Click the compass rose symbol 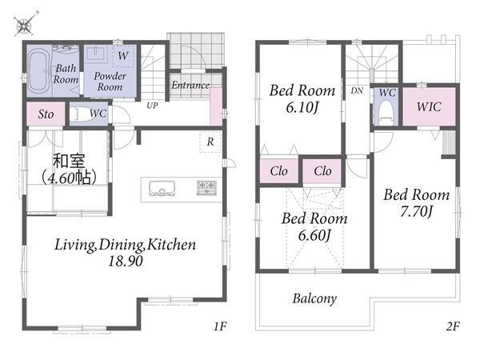(x=25, y=25)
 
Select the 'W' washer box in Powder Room (x=123, y=56)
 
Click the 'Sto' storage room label (x=46, y=114)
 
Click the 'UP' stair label (x=152, y=106)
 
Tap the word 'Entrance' (x=190, y=85)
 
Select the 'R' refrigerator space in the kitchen (x=210, y=142)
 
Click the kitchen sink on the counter (x=162, y=188)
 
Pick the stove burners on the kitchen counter (x=207, y=187)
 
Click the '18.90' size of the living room (x=126, y=261)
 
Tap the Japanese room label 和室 (x=69, y=161)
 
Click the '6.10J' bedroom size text (x=302, y=107)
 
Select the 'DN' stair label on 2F (x=357, y=90)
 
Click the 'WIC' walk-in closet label (x=429, y=107)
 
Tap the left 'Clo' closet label (x=278, y=171)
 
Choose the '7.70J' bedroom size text (x=417, y=211)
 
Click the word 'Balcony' (x=314, y=298)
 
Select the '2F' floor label (x=453, y=326)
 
